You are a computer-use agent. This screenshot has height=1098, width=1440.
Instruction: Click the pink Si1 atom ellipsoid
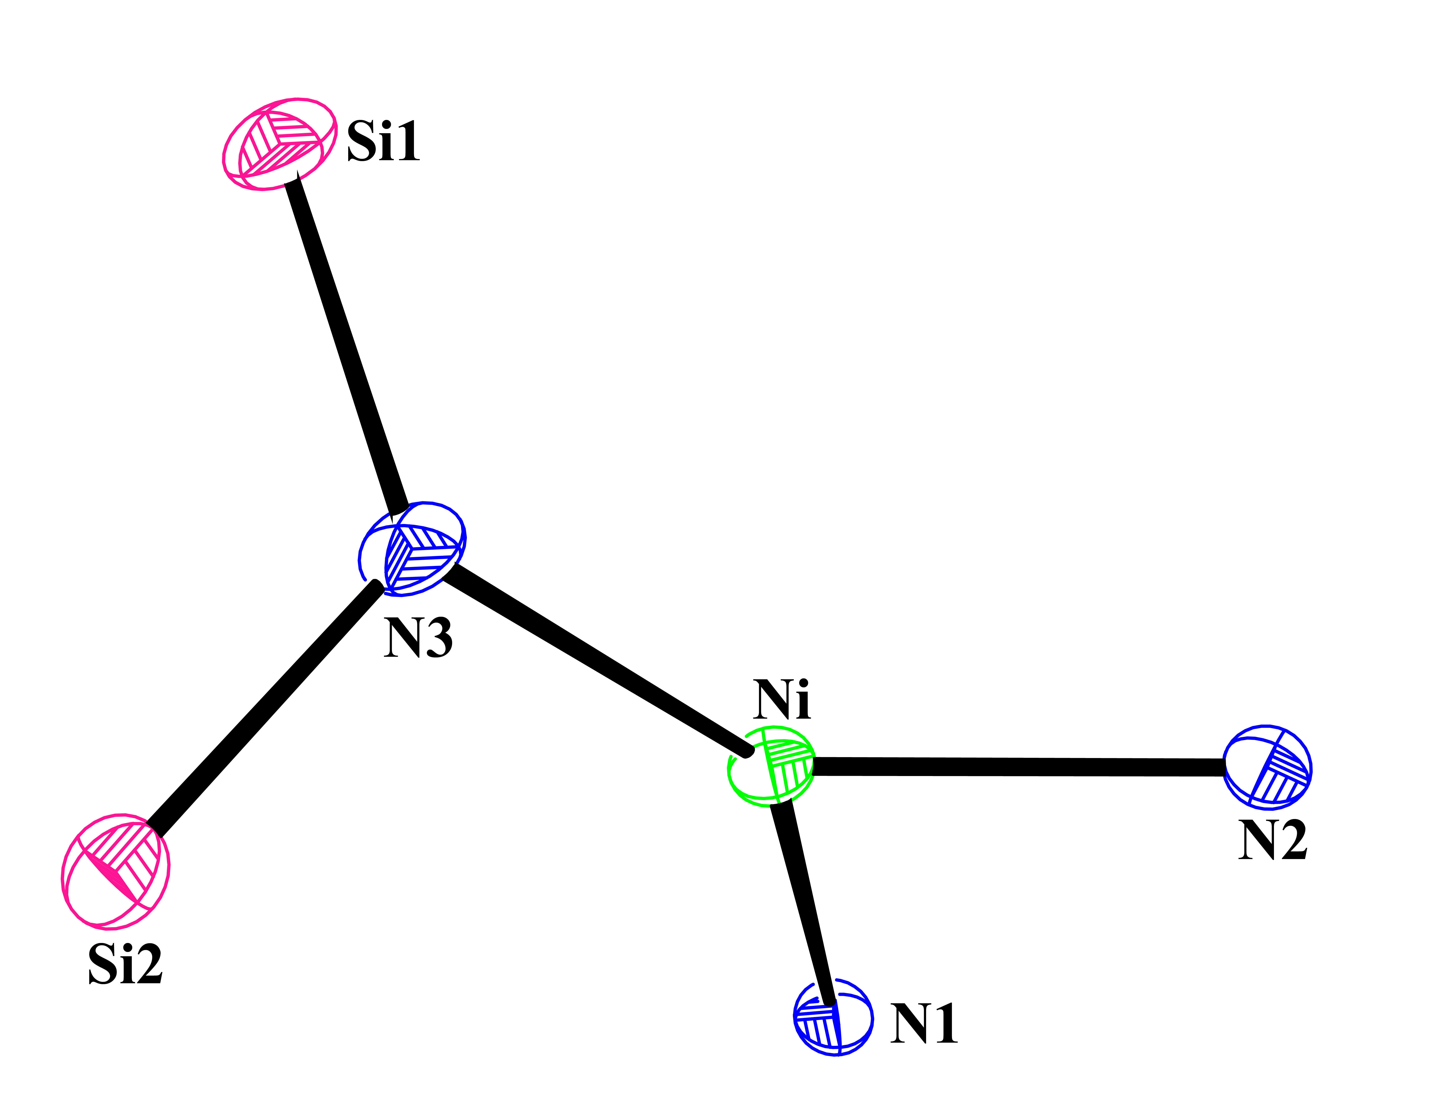pos(280,144)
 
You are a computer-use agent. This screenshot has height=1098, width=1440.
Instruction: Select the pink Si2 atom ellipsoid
pos(116,871)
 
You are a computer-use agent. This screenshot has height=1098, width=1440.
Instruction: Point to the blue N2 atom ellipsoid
pos(1267,766)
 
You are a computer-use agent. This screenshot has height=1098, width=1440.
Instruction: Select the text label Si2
pos(125,964)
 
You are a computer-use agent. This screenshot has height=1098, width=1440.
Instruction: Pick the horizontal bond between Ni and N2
pos(1018,767)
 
